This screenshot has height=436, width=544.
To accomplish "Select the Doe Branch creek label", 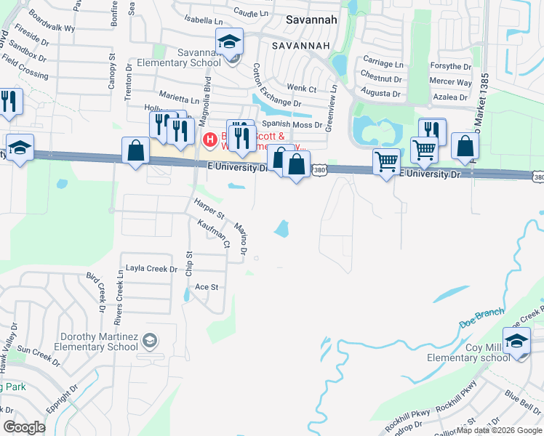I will (x=481, y=312).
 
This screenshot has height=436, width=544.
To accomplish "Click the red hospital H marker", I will (x=210, y=139).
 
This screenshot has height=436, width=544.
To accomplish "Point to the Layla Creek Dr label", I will (x=151, y=269).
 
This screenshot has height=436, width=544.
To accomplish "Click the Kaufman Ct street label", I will (x=214, y=234).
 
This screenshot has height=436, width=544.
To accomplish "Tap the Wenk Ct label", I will (x=302, y=89).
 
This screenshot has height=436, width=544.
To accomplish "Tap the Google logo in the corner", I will (x=24, y=427).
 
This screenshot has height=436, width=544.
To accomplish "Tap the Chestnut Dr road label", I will (x=381, y=77).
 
